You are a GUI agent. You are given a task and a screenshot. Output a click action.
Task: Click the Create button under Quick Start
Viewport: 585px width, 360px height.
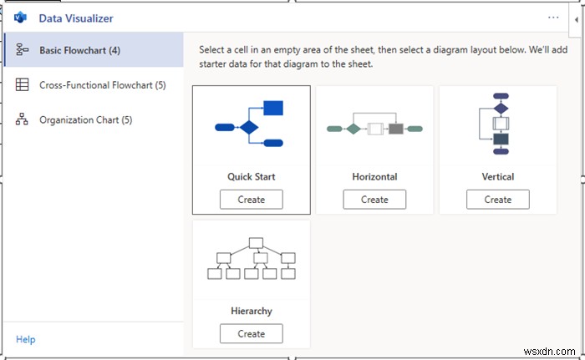point(251,200)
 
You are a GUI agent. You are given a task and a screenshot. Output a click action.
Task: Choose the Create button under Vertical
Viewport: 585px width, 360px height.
point(498,200)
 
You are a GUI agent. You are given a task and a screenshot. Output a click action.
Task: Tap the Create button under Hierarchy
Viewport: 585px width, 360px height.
point(251,333)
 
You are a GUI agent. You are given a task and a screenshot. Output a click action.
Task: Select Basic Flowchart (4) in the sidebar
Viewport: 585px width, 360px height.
point(80,50)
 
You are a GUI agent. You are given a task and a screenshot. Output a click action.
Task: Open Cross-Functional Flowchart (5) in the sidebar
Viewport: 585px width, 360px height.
point(103,85)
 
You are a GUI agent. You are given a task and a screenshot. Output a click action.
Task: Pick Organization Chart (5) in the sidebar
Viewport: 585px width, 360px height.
point(86,119)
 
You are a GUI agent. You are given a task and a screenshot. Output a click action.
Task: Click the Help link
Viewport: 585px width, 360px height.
point(26,339)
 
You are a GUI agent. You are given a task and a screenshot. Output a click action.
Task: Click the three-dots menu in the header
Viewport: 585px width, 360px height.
point(553,18)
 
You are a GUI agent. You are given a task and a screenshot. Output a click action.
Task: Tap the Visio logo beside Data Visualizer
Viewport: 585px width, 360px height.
point(20,18)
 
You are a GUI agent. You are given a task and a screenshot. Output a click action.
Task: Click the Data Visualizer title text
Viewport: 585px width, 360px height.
point(76,18)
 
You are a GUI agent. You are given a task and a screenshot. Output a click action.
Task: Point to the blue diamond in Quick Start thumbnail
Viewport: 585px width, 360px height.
point(249,128)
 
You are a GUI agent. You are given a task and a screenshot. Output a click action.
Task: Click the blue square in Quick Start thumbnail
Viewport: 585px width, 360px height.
point(273,108)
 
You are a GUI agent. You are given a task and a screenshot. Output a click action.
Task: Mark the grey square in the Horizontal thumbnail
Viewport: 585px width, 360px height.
point(396,129)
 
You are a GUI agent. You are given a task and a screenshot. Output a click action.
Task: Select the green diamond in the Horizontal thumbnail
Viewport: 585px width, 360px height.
point(354,129)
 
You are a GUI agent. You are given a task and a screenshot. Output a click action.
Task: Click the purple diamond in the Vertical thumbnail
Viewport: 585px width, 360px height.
point(501,109)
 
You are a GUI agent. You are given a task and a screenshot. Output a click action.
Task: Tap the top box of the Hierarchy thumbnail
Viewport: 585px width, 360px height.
point(256,243)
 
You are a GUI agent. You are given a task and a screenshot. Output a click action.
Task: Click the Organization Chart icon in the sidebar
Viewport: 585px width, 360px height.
point(22,119)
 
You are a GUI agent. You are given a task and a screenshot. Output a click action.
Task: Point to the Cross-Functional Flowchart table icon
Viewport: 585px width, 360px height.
point(22,84)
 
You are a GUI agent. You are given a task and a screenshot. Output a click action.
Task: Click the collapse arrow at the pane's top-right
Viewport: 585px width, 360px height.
point(577,20)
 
